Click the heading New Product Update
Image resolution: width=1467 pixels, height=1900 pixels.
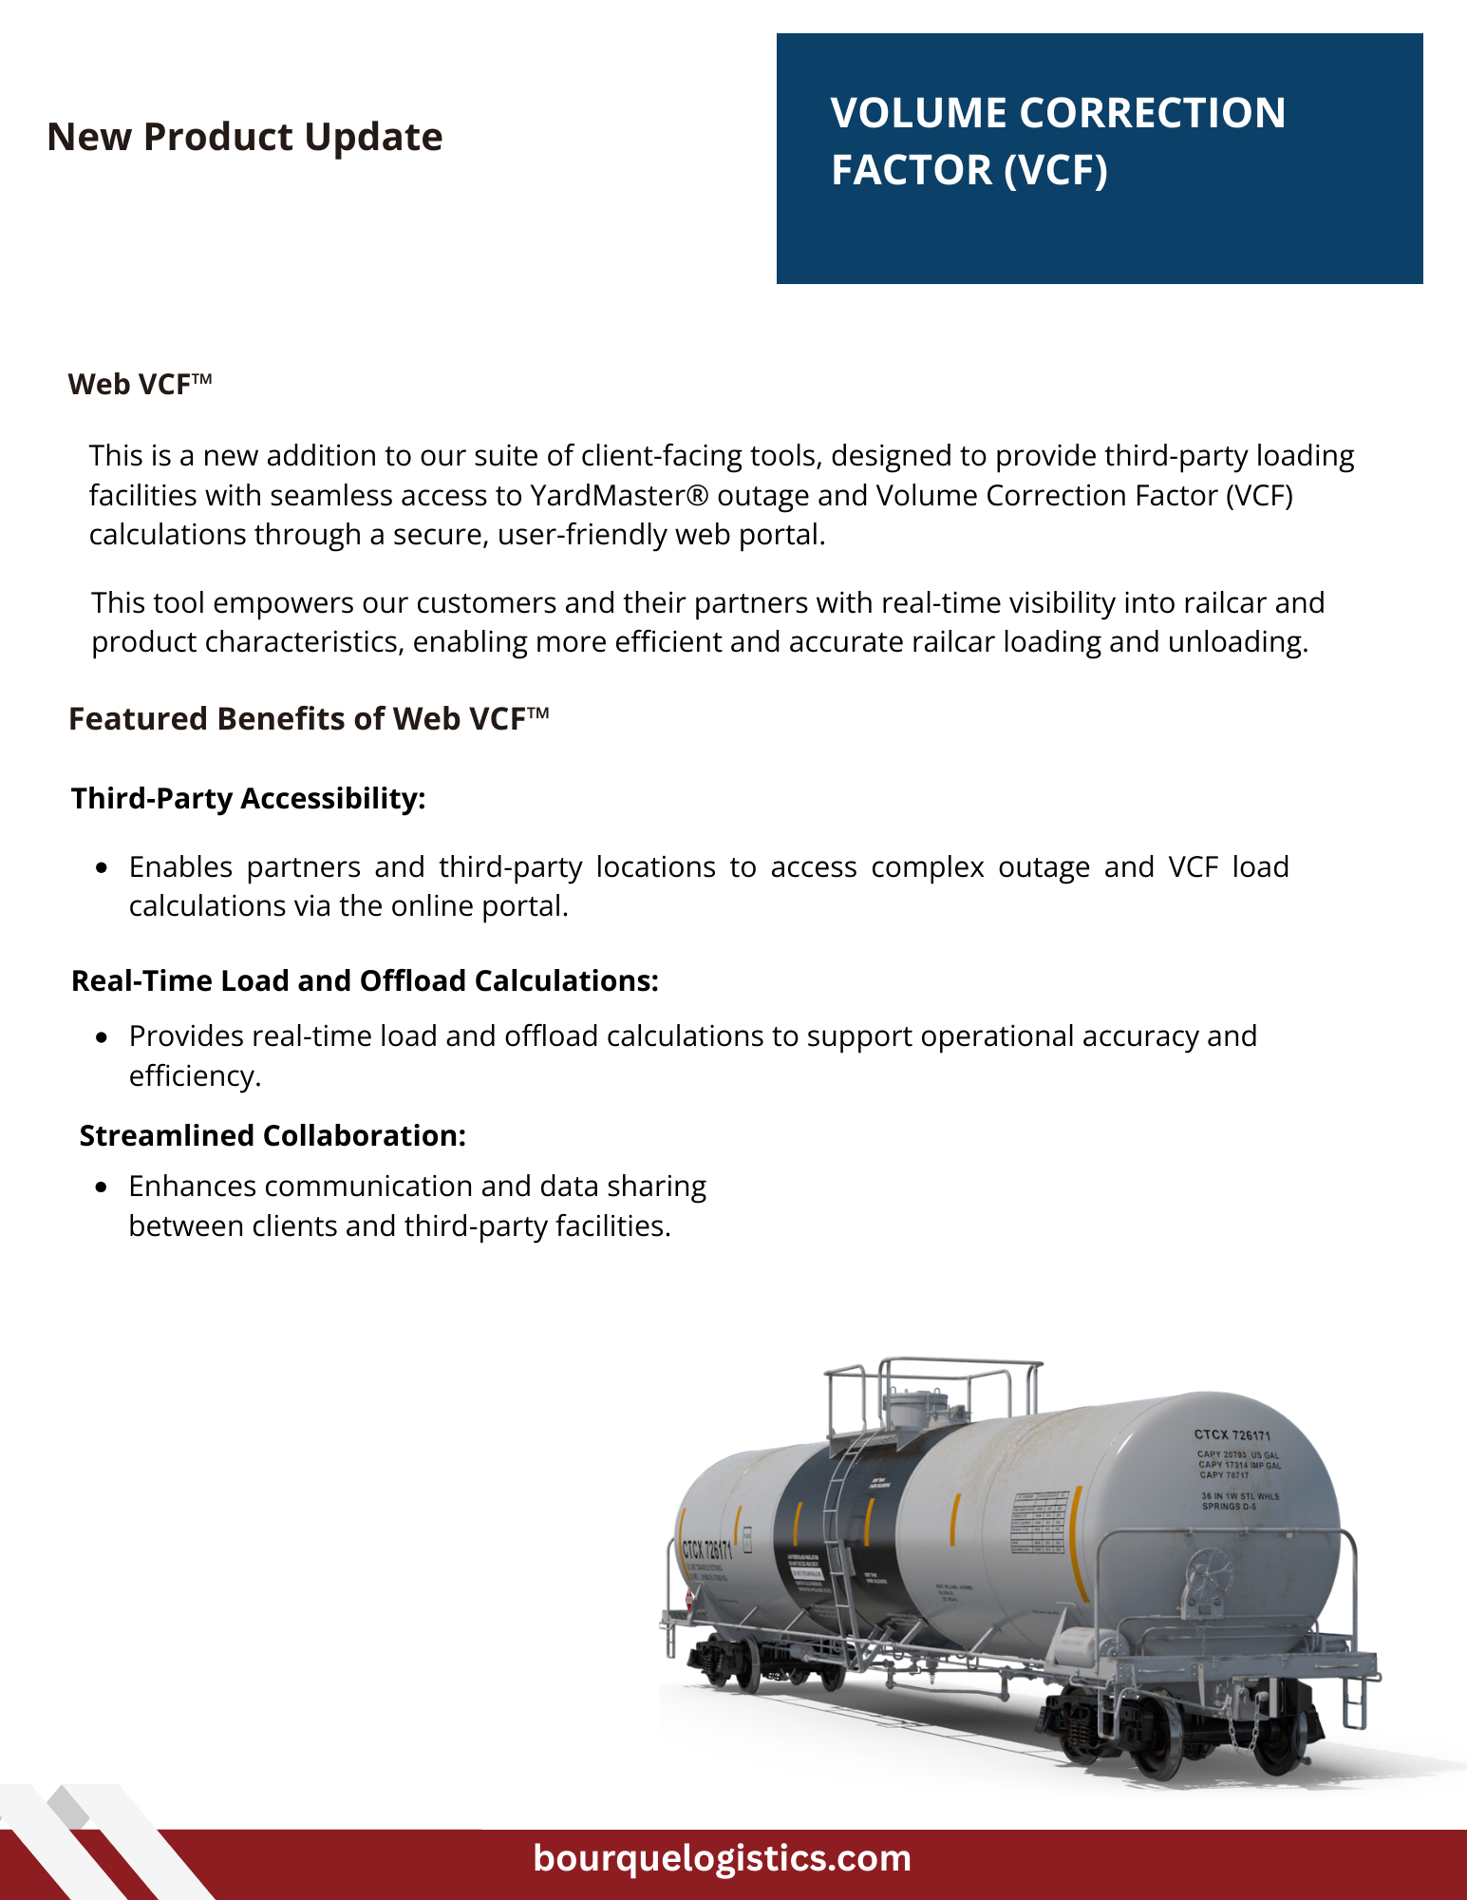(x=244, y=137)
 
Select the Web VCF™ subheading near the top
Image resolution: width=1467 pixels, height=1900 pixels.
(x=140, y=384)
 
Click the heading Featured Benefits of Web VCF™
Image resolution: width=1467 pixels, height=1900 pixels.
(x=309, y=719)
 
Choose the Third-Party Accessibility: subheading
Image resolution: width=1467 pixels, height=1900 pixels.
(x=248, y=798)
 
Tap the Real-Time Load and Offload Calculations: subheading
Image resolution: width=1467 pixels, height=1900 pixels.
(x=365, y=980)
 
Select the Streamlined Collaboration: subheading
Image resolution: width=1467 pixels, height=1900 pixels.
(x=273, y=1135)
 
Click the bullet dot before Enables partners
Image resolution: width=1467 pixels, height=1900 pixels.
(x=102, y=867)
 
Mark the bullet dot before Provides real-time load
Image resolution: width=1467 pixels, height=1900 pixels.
(x=102, y=1036)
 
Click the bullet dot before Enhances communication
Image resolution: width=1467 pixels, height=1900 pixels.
(x=102, y=1187)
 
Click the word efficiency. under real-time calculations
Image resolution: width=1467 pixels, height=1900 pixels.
(x=195, y=1075)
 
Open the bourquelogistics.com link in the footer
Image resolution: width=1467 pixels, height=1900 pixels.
(x=722, y=1858)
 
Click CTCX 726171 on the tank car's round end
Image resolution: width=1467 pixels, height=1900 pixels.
(x=1232, y=1434)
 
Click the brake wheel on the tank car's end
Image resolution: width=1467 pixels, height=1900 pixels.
(x=1210, y=1576)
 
